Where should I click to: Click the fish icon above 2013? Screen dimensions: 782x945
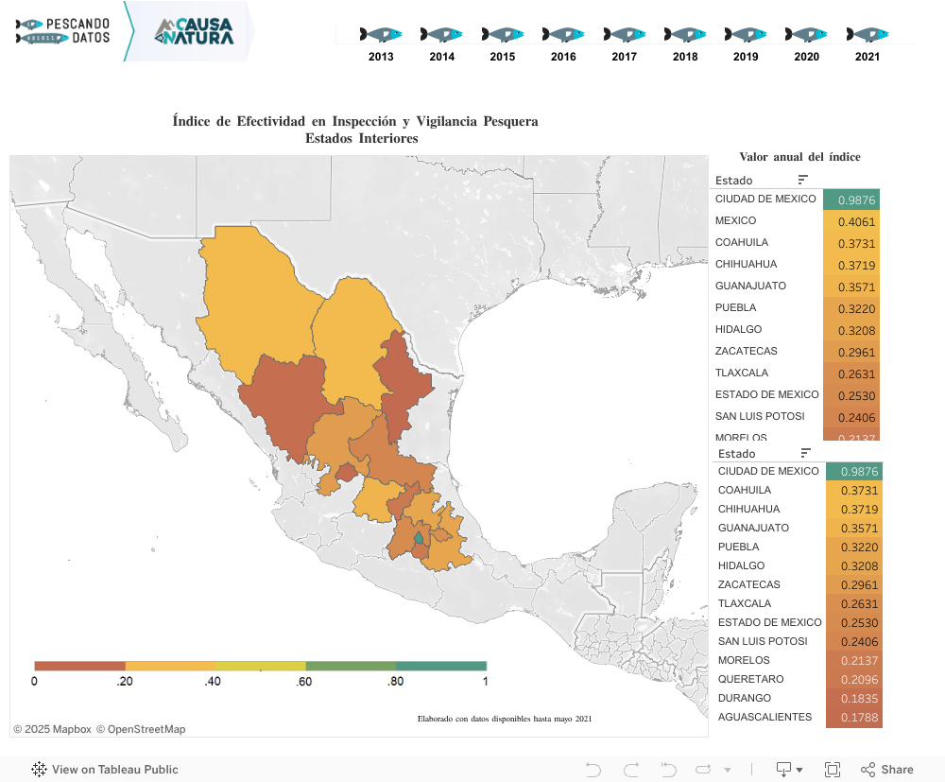(381, 34)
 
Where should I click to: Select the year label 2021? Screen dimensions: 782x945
(868, 57)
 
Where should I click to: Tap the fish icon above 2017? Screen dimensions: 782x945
(624, 34)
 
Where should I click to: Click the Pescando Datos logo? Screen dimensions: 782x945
(63, 31)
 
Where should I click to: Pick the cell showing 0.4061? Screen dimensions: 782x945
(851, 220)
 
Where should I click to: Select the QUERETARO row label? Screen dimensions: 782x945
(744, 679)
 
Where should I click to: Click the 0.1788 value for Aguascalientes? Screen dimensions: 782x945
(853, 717)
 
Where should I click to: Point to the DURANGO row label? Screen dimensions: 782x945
(744, 698)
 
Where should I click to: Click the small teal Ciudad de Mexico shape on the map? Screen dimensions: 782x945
(419, 537)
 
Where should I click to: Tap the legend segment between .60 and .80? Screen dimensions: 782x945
(351, 666)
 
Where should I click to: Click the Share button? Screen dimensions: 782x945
(886, 770)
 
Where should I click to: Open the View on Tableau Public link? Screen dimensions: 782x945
(105, 770)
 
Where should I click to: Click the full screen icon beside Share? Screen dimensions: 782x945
(833, 770)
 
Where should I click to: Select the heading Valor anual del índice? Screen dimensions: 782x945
(799, 157)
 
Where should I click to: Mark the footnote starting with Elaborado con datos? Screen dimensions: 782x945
(505, 719)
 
